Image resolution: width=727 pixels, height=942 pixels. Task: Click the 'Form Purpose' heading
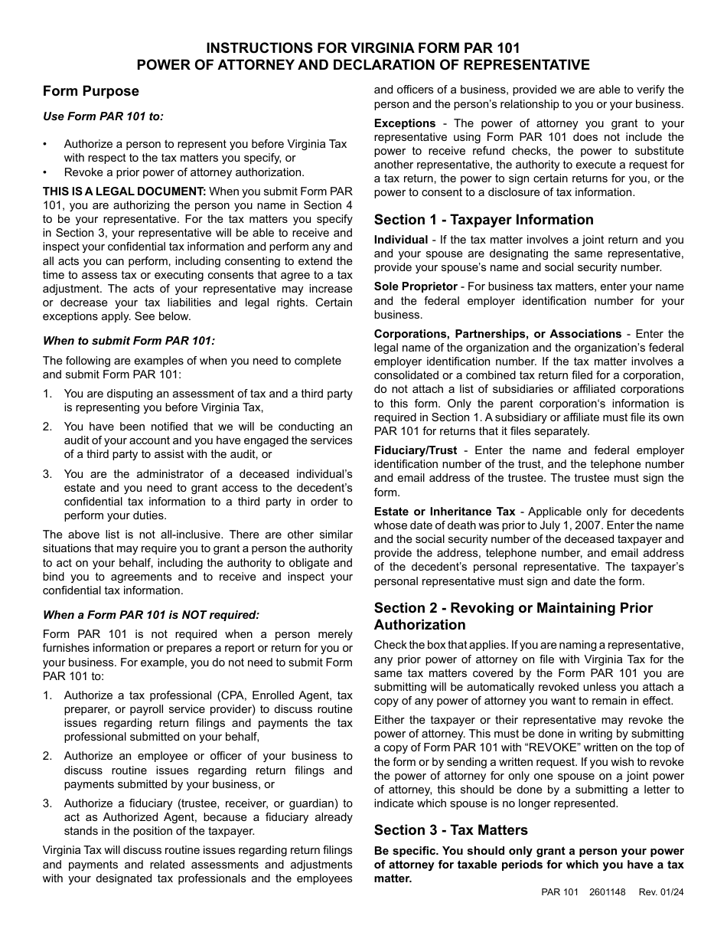coord(91,91)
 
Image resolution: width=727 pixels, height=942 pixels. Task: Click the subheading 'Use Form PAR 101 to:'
coord(103,116)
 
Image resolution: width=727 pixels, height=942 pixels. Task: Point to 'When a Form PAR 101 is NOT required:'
coord(151,614)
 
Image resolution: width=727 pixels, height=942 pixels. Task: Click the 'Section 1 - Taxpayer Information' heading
coord(484,220)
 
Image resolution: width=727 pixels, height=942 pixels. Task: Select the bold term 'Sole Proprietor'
coord(416,286)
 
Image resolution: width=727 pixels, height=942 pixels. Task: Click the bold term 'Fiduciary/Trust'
coord(416,450)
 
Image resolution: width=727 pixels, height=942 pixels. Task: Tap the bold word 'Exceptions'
coord(405,123)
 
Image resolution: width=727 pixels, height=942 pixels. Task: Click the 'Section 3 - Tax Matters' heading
coord(451,830)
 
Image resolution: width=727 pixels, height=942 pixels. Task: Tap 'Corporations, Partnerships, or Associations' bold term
coord(497,334)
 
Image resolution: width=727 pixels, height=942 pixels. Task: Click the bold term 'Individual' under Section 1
coord(401,240)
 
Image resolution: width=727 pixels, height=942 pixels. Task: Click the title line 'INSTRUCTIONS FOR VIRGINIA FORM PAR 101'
coord(363,47)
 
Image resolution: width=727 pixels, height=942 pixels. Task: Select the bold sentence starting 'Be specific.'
coord(529,865)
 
